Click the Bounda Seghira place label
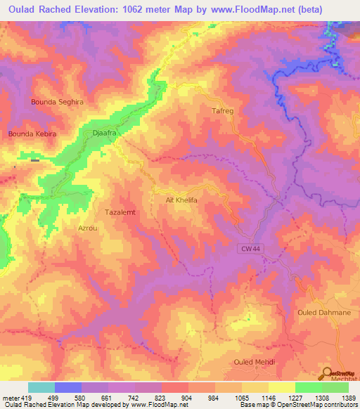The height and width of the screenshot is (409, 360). tap(57, 102)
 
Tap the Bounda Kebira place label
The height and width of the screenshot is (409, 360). tap(32, 134)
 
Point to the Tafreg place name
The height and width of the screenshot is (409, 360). tap(221, 111)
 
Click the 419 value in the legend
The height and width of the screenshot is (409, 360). tap(25, 398)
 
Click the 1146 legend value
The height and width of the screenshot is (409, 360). tap(269, 398)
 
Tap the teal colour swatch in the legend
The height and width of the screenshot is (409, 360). tap(41, 387)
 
